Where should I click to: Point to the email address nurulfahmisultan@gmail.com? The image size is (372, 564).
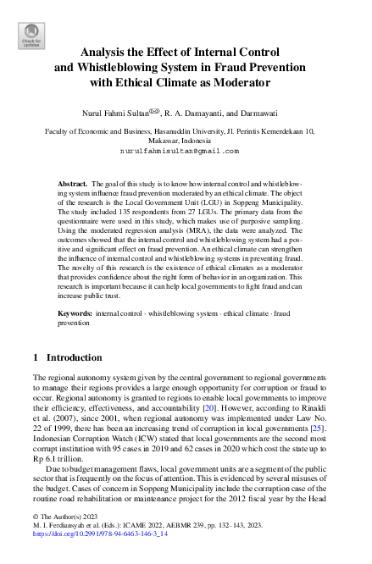coord(179,151)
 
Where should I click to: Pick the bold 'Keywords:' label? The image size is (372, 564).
coord(75,313)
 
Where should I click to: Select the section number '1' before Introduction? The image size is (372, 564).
coord(36,358)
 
